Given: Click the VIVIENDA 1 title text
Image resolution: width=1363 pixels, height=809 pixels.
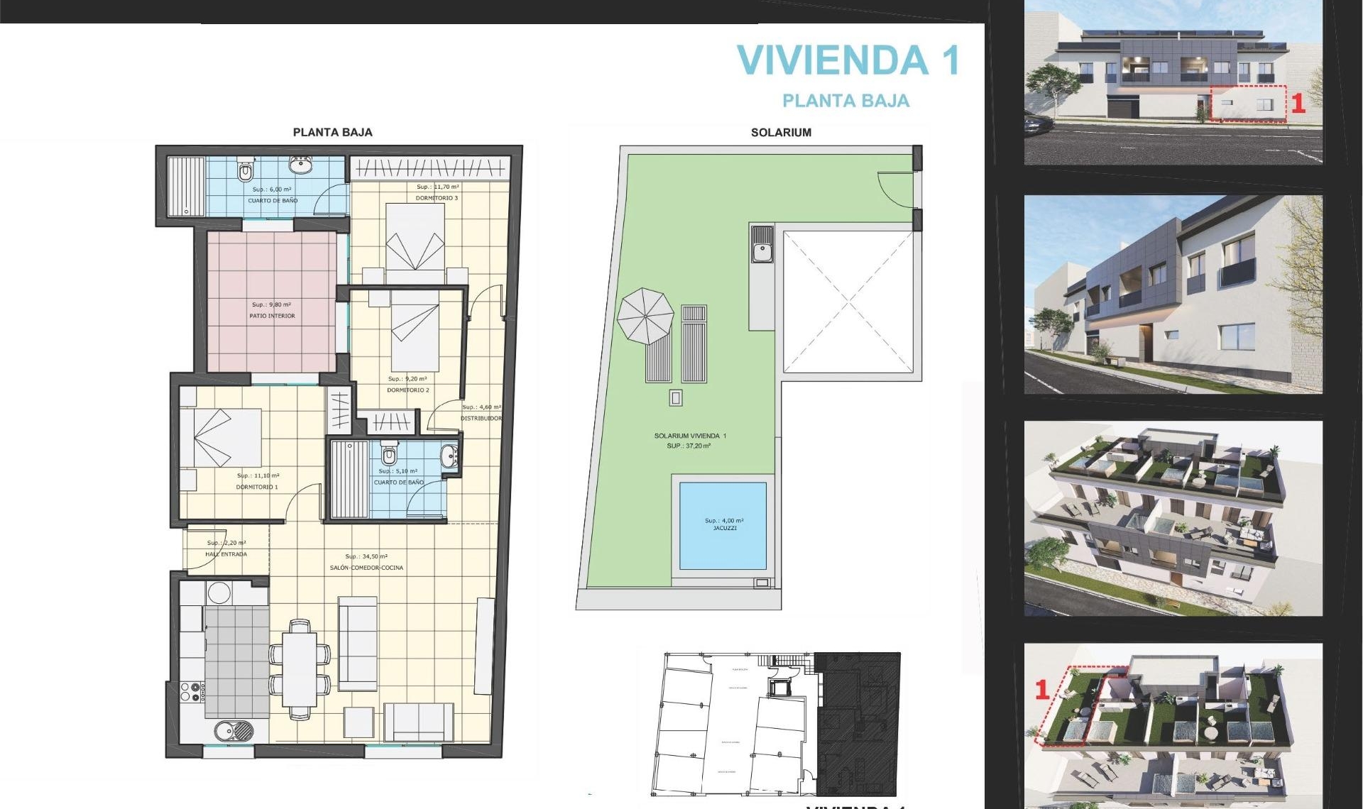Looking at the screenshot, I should click(848, 60).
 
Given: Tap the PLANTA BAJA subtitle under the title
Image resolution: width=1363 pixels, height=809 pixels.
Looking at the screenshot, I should click(845, 101).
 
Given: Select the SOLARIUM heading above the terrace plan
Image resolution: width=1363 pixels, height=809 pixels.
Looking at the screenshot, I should click(781, 133).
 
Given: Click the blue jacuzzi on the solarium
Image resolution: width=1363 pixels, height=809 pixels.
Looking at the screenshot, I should click(723, 525).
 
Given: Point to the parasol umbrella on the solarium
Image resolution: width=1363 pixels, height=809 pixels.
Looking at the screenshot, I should click(645, 317).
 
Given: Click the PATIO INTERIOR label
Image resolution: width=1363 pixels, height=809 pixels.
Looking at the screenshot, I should click(272, 316).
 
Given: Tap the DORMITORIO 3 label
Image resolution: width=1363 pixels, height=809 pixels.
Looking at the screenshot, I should click(437, 198).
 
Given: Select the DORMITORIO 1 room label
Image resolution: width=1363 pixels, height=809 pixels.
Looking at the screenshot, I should click(257, 487).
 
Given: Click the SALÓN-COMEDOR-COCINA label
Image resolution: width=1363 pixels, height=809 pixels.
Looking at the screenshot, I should click(366, 568).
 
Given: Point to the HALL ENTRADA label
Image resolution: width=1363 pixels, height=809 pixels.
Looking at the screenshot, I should click(226, 554).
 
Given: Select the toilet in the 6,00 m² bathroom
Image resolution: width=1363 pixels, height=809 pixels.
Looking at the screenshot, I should click(246, 170).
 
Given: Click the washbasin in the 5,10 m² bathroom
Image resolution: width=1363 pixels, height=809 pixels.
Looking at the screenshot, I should click(449, 456).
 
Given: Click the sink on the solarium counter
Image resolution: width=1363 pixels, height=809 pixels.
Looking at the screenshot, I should click(762, 250).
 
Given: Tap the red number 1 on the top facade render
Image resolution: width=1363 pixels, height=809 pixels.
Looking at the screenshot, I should click(1298, 104).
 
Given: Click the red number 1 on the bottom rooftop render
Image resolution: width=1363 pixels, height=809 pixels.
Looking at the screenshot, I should click(1042, 689).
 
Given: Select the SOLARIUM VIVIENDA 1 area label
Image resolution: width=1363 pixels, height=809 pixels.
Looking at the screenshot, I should click(690, 436).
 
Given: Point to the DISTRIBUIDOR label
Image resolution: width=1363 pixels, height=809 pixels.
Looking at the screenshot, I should click(481, 418).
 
